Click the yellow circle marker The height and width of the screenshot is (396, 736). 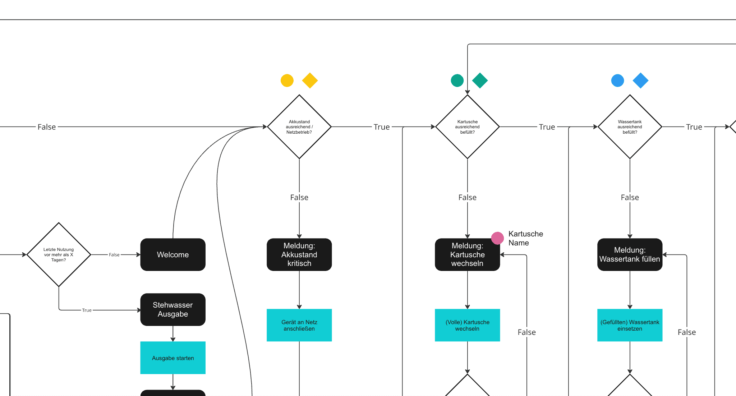[x=287, y=80]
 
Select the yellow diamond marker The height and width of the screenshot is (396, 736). [x=310, y=80]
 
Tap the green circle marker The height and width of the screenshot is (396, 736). [x=457, y=80]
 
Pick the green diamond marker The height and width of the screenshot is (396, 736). [x=480, y=80]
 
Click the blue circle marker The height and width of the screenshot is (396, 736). [x=617, y=80]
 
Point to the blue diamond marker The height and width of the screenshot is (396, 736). [x=640, y=80]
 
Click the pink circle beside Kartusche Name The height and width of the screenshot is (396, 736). [x=497, y=238]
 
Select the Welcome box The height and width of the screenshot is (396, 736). [x=173, y=254]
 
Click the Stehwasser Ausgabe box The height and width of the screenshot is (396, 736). [x=173, y=309]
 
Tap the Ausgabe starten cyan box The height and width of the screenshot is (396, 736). [x=173, y=358]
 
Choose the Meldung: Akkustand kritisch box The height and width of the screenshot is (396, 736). [x=299, y=254]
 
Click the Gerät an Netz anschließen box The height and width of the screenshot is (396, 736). [x=299, y=325]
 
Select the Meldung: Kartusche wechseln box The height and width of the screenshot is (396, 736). [x=468, y=254]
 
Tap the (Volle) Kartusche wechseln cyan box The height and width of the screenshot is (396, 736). [x=468, y=325]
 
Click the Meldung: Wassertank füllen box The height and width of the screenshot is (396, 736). [x=630, y=254]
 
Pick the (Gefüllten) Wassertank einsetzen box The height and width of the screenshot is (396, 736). [x=630, y=325]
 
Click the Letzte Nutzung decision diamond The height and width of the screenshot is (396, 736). [x=59, y=254]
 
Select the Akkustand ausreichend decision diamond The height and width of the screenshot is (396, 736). [x=299, y=127]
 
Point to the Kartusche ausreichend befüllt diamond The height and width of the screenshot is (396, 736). [x=468, y=127]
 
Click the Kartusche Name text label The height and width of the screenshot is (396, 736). [x=526, y=238]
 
